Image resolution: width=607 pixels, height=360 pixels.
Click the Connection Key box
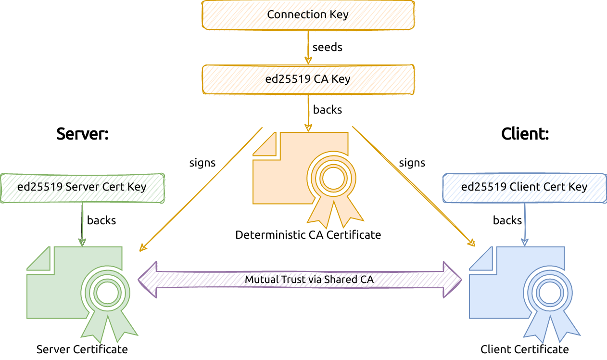point(308,14)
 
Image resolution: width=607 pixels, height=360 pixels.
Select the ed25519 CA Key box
point(308,79)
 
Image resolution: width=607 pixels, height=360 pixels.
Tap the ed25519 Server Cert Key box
point(82,187)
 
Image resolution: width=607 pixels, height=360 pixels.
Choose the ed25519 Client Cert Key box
point(524,187)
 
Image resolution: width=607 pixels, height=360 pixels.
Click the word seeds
point(327,47)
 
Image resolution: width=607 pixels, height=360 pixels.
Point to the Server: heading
point(82,133)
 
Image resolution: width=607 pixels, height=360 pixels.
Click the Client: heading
point(525,133)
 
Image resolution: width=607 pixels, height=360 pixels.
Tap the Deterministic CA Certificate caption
point(308,235)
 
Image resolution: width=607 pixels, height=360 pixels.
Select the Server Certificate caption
point(82,349)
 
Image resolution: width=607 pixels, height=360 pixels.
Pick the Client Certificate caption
point(524,349)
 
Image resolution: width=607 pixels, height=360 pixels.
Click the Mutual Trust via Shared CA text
point(309,279)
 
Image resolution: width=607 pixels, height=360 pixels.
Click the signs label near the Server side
point(202,163)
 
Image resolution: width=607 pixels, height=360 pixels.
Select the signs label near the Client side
point(412,163)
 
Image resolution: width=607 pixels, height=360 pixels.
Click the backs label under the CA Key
point(327,110)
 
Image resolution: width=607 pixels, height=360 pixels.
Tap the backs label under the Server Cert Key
point(101,220)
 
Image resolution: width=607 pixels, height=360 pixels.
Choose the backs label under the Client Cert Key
point(507,220)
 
